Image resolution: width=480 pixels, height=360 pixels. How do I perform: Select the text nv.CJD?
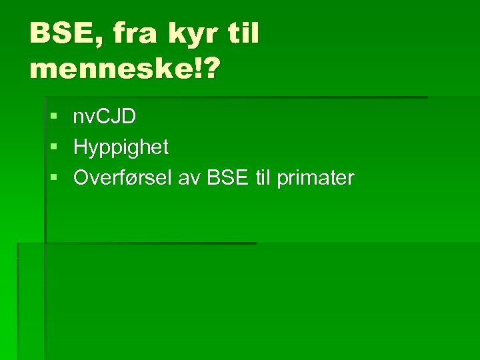pos(105,117)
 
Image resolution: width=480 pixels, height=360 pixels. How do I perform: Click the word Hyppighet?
pos(121,147)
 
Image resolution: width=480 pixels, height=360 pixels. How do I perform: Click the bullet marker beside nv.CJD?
pos(53,117)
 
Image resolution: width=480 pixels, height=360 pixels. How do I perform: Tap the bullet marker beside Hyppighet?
pos(53,147)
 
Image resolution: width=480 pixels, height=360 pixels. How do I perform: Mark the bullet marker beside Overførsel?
pos(53,178)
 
